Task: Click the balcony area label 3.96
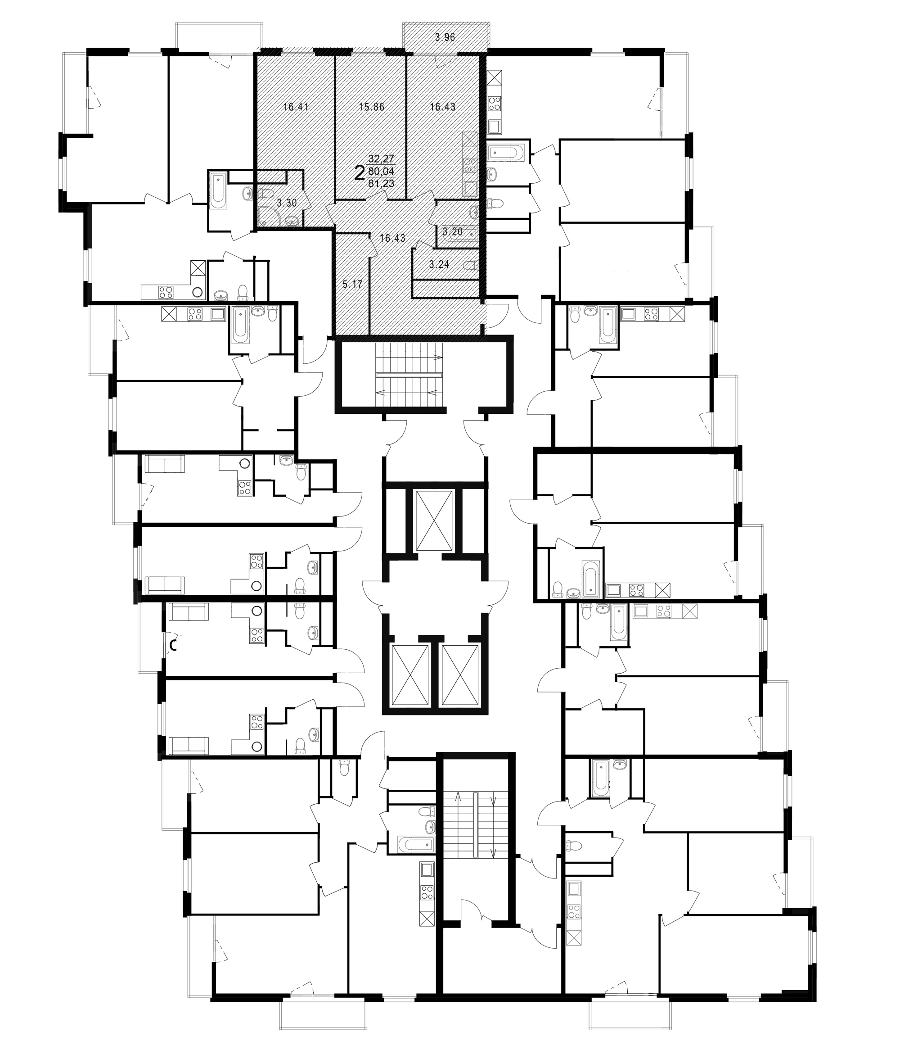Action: pos(445,37)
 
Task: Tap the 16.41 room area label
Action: pos(296,107)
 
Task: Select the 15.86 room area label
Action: pos(371,107)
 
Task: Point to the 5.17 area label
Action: pos(352,284)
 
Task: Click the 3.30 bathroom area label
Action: pos(287,203)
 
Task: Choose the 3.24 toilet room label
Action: pos(440,264)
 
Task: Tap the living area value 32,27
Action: pos(381,159)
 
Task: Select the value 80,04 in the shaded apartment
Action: pos(381,171)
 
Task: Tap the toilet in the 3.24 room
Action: pos(471,265)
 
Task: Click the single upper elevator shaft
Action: pos(434,521)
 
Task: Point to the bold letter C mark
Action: pos(173,646)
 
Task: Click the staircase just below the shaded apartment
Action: pos(409,375)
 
